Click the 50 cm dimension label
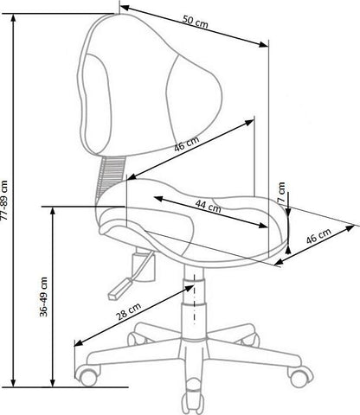195,22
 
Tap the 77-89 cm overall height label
5,201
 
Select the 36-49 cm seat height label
43,297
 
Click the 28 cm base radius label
129,312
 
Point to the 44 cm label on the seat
209,206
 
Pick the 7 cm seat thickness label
282,192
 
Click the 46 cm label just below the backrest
187,144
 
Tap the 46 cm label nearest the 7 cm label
318,236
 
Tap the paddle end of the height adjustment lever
119,289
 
